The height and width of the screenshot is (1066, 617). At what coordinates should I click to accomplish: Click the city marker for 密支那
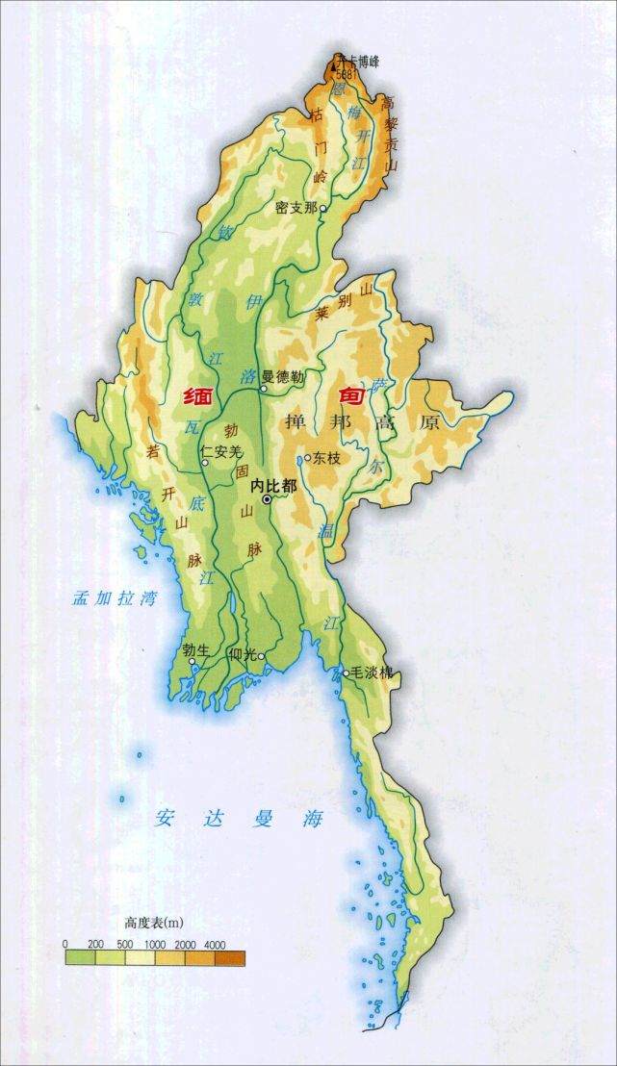tap(323, 208)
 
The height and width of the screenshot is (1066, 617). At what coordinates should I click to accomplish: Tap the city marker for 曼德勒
tap(263, 388)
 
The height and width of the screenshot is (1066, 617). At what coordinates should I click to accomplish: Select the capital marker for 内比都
tap(267, 499)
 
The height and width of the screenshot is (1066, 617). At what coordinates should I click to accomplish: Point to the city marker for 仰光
tap(260, 657)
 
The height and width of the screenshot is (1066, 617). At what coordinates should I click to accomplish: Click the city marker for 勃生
tap(193, 662)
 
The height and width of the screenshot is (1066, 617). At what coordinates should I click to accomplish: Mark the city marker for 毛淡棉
tap(347, 673)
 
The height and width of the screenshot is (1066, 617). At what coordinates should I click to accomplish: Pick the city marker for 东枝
tap(307, 459)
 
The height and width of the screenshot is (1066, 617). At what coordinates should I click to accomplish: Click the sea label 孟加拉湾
tap(114, 597)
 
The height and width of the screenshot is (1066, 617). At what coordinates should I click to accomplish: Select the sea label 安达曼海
tap(240, 820)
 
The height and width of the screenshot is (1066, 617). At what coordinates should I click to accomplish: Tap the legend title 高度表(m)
tap(153, 922)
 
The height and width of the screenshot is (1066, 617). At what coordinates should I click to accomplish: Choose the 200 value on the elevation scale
tap(95, 943)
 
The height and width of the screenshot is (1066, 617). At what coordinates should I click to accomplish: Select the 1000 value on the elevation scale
tap(155, 943)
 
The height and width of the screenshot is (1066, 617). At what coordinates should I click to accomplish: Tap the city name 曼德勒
tap(286, 377)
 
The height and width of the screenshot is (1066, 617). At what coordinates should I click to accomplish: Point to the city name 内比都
tap(273, 487)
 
